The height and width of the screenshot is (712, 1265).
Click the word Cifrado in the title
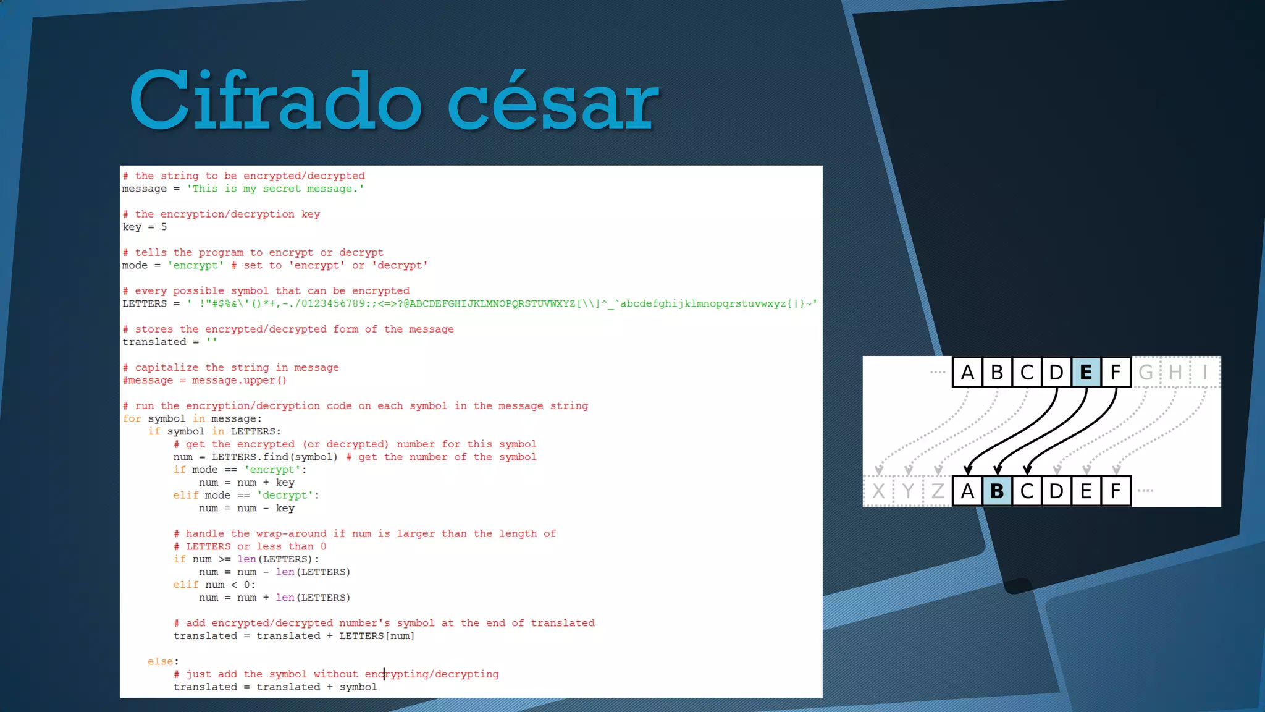(x=275, y=101)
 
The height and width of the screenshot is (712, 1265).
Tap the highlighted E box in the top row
(x=1086, y=372)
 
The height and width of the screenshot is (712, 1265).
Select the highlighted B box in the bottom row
(x=997, y=491)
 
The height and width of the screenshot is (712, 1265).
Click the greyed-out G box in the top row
(x=1146, y=372)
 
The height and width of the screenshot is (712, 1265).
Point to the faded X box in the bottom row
(x=878, y=491)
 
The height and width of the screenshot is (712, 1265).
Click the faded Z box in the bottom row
(x=938, y=491)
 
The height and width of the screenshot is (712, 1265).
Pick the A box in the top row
(x=967, y=372)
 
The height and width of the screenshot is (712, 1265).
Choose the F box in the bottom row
(x=1116, y=491)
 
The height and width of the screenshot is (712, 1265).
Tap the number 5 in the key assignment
(x=164, y=227)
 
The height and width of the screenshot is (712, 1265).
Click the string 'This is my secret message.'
(x=275, y=189)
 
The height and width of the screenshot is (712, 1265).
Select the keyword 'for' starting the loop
(x=132, y=418)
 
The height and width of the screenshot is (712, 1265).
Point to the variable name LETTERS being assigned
(x=145, y=303)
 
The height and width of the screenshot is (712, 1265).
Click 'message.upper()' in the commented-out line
(x=239, y=380)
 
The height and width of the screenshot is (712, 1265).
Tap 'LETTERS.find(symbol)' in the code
(x=275, y=457)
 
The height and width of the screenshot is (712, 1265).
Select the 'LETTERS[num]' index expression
(x=377, y=636)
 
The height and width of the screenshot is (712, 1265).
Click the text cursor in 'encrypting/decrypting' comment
(x=384, y=674)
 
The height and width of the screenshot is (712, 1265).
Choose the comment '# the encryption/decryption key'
(x=221, y=214)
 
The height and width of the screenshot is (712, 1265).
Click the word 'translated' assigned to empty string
(x=154, y=342)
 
